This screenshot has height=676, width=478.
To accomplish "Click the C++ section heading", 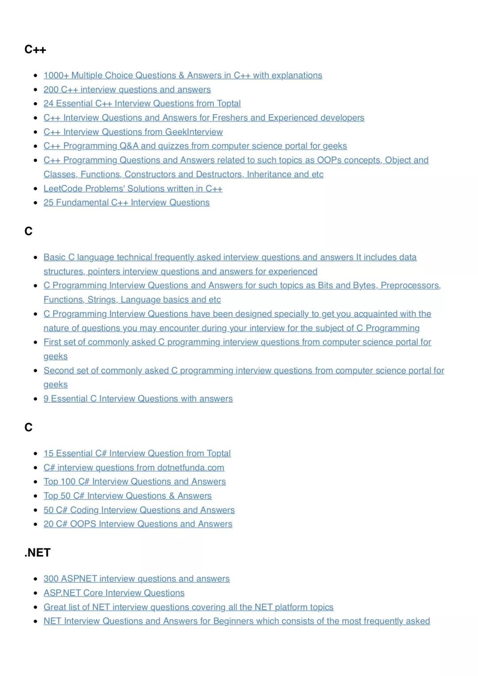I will click(x=35, y=50).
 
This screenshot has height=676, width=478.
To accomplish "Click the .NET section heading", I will click(x=38, y=553).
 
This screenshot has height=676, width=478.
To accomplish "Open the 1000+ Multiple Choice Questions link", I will click(x=183, y=76).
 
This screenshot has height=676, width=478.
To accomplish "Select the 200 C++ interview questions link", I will click(x=127, y=90).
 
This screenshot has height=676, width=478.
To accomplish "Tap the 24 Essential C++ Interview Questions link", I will click(x=142, y=104).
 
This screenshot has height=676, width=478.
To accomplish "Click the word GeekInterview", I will click(x=194, y=132).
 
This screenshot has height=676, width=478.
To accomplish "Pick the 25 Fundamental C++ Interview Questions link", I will click(x=127, y=203).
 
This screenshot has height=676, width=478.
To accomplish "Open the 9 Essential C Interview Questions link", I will click(x=138, y=399).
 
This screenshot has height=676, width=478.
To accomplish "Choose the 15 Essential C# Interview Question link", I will click(x=137, y=454).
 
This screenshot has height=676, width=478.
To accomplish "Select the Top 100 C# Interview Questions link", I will click(x=135, y=482).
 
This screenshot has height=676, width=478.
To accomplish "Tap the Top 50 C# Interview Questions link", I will click(x=127, y=496).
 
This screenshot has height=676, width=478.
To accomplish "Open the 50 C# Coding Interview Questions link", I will click(x=139, y=510).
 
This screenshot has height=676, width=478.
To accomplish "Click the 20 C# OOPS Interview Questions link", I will click(x=138, y=524).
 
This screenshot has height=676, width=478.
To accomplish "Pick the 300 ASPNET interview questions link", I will click(x=136, y=579).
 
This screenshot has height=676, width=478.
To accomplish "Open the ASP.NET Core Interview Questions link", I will click(x=114, y=593).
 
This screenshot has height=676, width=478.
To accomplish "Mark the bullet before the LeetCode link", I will click(x=35, y=189).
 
